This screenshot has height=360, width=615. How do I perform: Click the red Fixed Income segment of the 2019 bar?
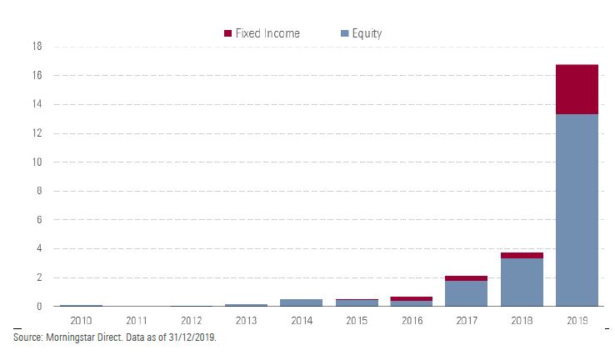pos(577,89)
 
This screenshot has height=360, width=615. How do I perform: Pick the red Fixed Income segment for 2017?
pos(467,278)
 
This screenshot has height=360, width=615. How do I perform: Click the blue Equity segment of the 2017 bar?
pos(467,293)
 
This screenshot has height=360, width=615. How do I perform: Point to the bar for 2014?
pos(302,302)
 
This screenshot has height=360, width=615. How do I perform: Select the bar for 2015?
pos(357,303)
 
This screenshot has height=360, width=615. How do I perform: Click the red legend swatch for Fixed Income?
pos(228,33)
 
